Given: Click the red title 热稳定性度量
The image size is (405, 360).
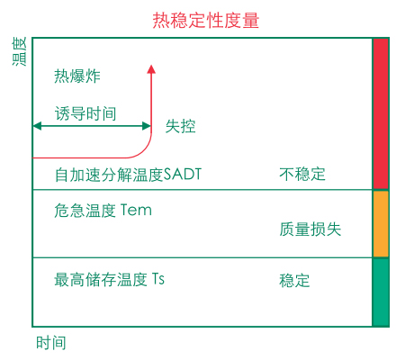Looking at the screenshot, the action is point(206,21).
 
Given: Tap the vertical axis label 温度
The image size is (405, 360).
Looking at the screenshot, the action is point(20,51).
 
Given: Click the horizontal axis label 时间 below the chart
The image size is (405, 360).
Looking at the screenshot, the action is point(51,343).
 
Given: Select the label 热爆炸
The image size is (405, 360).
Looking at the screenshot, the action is point(77,76).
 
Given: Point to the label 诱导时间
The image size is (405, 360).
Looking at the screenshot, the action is point(85,113).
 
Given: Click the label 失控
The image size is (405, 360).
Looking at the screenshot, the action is point(181,126).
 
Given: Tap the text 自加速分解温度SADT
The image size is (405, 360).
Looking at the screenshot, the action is point(128,175).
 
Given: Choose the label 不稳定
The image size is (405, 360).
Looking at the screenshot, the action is point(302,174).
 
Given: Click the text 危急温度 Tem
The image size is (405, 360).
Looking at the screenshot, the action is point(103,210).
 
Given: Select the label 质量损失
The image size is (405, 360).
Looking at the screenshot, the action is point(310,229).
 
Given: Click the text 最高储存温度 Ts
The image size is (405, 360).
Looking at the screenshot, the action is point(109,279).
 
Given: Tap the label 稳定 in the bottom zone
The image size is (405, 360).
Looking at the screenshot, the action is point(294,281).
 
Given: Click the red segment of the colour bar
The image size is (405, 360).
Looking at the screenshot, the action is point(381,113).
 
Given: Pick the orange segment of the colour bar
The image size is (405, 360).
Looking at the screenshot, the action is point(381,224).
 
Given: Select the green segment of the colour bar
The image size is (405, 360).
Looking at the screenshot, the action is point(381,292).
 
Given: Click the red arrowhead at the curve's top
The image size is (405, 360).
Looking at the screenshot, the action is point(151,69).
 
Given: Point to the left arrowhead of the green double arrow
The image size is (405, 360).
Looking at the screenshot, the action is point(37,126).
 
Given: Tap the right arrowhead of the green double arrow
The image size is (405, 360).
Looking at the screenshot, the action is point(147,126).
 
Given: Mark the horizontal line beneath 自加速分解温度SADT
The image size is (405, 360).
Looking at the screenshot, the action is point(202,190).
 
